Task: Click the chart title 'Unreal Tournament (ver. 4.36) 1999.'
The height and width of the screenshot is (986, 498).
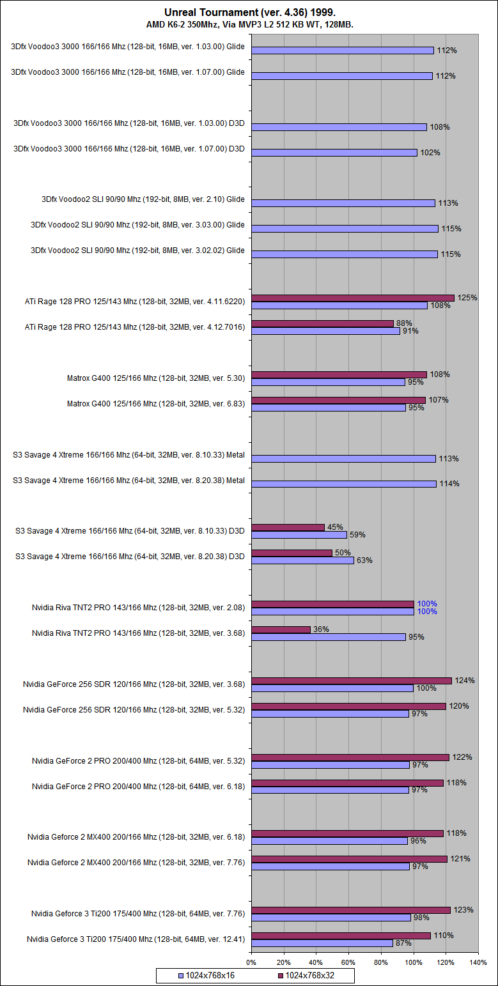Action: coord(249,12)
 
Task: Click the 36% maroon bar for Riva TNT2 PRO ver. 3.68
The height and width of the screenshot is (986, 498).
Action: coord(281,629)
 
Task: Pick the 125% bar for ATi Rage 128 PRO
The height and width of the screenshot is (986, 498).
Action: coord(353,298)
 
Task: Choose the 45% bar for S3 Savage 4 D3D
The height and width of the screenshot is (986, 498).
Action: coord(288,527)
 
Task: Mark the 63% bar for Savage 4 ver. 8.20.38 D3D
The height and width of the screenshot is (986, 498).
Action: coord(303,560)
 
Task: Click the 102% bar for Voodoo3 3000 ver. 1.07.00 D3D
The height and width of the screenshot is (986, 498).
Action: coord(334,153)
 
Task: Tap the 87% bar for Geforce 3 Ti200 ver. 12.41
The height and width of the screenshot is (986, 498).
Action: coord(322,943)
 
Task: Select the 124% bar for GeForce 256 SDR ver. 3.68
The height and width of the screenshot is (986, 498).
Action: coord(352,681)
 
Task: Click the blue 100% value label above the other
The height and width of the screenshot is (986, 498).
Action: coord(427,604)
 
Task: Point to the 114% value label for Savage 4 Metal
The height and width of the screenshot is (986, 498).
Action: coord(449,484)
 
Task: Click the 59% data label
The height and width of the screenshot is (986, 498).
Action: coord(357,535)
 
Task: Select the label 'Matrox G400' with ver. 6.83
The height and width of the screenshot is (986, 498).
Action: coord(156,403)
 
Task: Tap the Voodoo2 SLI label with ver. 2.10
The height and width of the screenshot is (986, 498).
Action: coord(143,199)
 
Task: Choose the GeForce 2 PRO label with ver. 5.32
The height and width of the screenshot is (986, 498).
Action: coord(139,760)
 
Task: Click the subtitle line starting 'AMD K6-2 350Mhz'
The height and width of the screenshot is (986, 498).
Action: coord(249,24)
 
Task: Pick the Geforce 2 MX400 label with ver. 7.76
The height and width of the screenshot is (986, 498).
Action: coord(136,863)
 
